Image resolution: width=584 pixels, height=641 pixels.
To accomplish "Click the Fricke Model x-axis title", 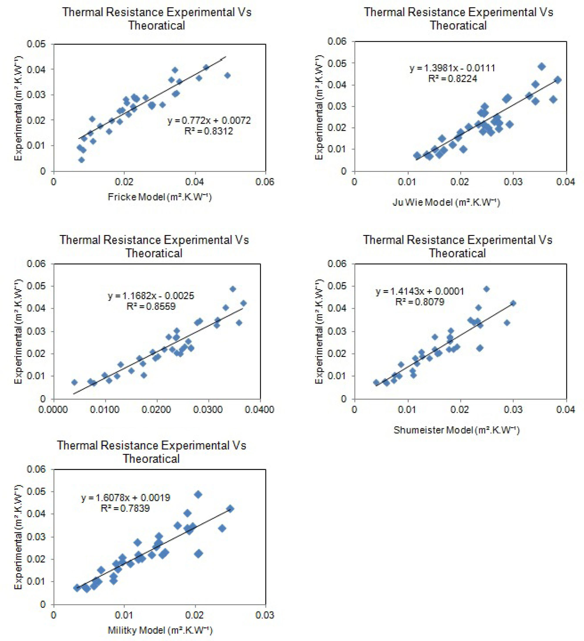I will click(x=160, y=197).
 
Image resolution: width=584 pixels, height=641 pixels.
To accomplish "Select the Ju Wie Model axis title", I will click(x=446, y=202).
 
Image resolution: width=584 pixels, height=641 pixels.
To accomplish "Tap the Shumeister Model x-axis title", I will click(x=456, y=430).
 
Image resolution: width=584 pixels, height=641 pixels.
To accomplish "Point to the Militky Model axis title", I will click(x=160, y=630).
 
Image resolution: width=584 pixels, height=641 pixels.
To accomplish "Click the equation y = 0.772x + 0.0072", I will click(x=209, y=120).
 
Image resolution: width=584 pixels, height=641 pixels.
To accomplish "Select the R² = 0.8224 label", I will click(x=452, y=78).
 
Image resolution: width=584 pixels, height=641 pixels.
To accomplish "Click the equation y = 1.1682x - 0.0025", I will click(x=151, y=296).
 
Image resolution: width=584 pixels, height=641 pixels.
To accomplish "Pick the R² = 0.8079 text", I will click(x=419, y=302).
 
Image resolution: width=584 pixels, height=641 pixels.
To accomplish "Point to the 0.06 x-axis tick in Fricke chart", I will click(x=265, y=182).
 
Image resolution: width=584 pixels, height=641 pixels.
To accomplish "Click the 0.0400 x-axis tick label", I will click(x=259, y=410).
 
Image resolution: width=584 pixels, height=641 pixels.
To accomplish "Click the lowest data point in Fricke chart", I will click(x=81, y=160).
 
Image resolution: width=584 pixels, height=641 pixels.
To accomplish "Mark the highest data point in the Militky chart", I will click(x=198, y=494).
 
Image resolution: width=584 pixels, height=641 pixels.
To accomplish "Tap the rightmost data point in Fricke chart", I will click(x=227, y=75).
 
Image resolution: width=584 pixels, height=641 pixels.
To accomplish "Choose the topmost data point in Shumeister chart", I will click(x=486, y=289).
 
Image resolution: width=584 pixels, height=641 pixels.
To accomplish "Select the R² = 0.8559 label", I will click(x=151, y=306).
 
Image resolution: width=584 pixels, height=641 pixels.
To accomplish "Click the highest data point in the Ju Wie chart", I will click(x=542, y=66).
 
